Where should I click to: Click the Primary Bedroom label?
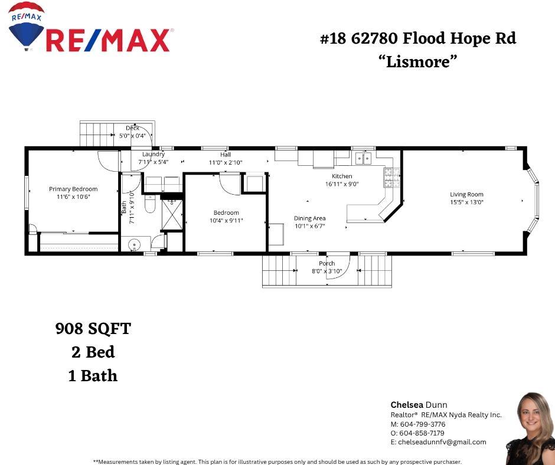click(73, 189)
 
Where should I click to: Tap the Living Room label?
click(466, 194)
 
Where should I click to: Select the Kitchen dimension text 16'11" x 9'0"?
click(342, 184)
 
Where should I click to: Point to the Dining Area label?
click(310, 218)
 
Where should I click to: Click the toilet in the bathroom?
click(149, 205)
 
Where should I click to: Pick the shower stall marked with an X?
click(173, 214)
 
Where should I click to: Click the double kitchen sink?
click(363, 158)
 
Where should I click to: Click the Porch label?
click(327, 263)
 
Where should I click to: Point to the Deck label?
click(132, 128)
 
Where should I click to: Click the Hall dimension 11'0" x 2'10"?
click(226, 162)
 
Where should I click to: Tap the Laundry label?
click(153, 155)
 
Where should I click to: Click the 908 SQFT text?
click(93, 329)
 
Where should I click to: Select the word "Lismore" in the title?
click(418, 61)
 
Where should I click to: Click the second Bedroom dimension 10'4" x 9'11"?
click(226, 220)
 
